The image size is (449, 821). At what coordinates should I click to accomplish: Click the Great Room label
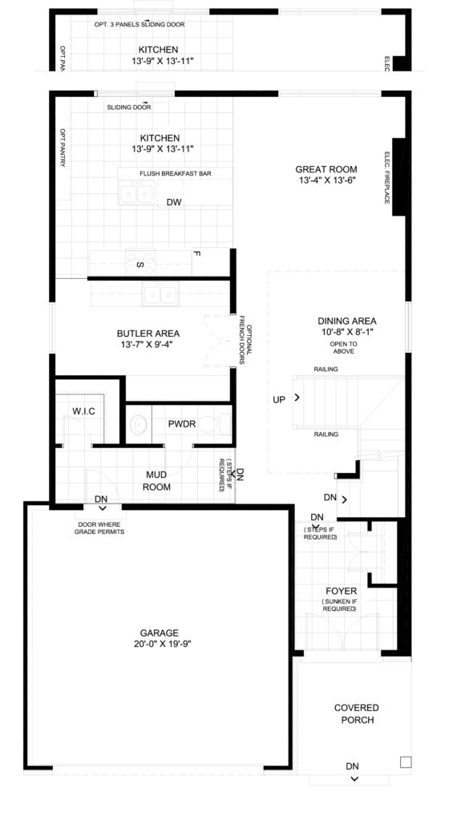coord(326,169)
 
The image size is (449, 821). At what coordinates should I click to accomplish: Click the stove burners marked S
coord(141,263)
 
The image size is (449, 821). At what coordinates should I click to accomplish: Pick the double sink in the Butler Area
coord(160,295)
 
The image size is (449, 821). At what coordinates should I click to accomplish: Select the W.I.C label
coord(83,411)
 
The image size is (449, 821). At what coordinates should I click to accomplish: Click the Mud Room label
coord(157,482)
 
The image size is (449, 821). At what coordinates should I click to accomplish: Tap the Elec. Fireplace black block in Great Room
coord(398,176)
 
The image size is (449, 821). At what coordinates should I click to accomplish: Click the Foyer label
coord(341,591)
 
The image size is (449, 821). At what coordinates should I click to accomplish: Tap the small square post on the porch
coord(406,762)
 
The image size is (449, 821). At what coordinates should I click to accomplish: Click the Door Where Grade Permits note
coord(99,528)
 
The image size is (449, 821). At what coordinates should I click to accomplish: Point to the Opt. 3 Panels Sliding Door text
coord(140,24)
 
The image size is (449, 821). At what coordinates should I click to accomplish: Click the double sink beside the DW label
coord(137,193)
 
